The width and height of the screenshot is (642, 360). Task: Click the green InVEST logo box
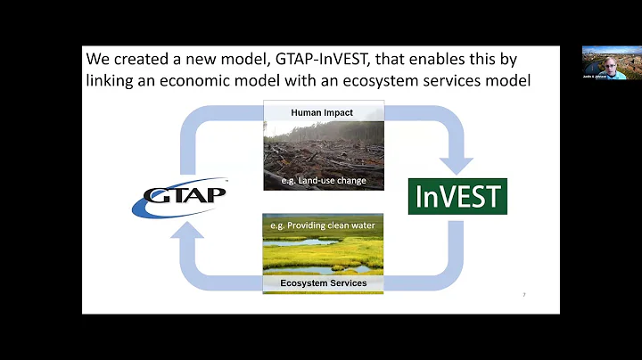(457, 196)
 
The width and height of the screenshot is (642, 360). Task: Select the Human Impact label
(323, 112)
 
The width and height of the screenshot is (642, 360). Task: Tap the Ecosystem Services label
(323, 283)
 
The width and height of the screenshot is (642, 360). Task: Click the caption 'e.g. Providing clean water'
(323, 225)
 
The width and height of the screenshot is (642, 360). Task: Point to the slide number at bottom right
(523, 294)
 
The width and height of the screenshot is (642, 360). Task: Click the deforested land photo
(323, 151)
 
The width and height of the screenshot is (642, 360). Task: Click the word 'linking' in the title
(112, 82)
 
